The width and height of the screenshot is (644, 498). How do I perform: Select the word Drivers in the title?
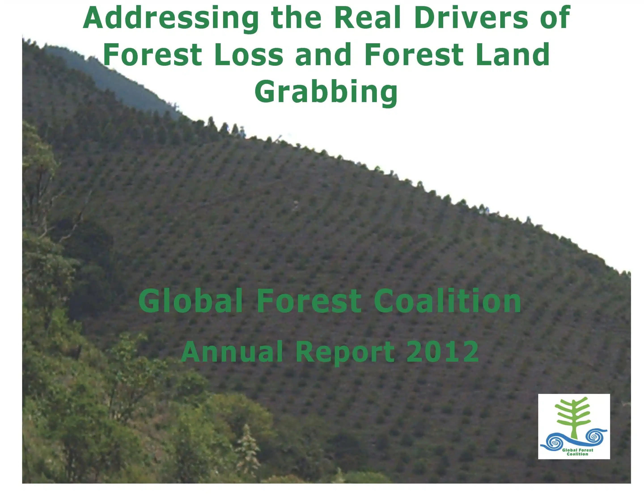471,17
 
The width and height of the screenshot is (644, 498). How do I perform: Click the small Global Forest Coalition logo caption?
577,452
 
